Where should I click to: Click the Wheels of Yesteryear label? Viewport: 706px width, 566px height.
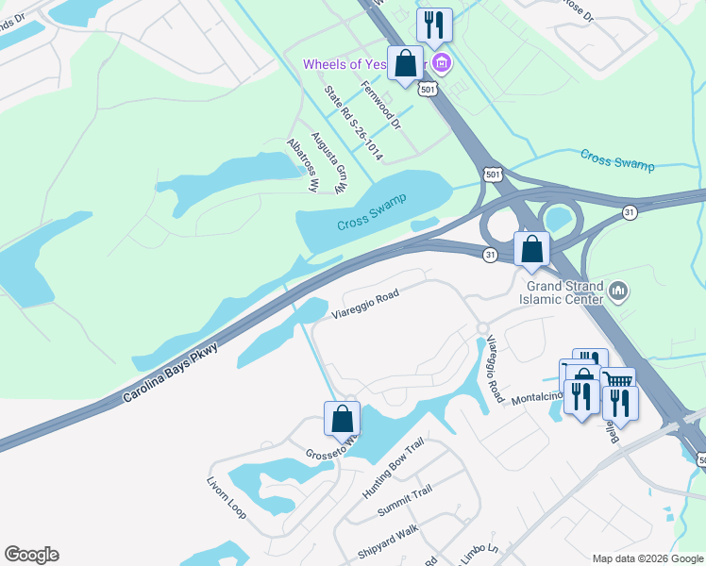click(363, 64)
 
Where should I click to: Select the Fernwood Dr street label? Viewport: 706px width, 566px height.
click(381, 105)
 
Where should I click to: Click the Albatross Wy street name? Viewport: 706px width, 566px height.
click(303, 166)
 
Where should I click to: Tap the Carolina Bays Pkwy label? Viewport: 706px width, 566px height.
click(171, 375)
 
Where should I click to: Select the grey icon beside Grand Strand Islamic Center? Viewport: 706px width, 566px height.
click(619, 291)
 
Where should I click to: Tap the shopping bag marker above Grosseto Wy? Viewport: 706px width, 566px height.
click(342, 418)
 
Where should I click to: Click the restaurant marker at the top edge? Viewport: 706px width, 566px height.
click(434, 25)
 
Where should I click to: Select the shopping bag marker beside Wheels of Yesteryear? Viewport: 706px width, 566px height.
click(406, 65)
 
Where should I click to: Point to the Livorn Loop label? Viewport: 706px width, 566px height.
click(227, 497)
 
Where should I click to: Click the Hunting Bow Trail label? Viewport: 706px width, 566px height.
click(394, 470)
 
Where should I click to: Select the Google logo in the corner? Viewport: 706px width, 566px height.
click(31, 555)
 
